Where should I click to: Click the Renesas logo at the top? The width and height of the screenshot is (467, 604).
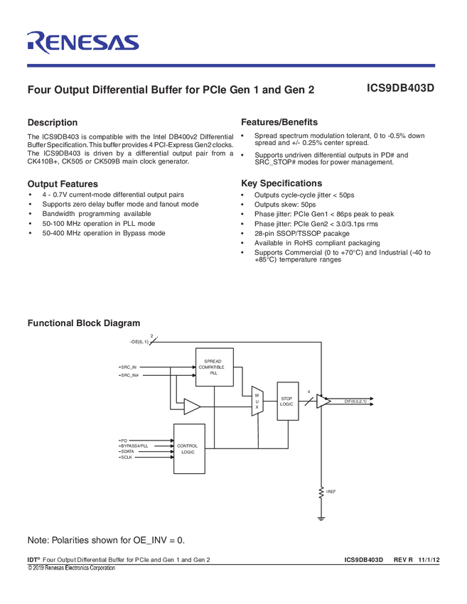pyautogui.click(x=82, y=42)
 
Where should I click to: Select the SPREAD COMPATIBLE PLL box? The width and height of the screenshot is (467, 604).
pyautogui.click(x=214, y=367)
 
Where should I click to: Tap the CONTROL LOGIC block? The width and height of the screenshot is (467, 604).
pyautogui.click(x=189, y=448)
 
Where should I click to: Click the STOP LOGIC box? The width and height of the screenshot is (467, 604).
pyautogui.click(x=287, y=401)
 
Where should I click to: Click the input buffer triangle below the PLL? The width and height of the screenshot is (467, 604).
pyautogui.click(x=191, y=406)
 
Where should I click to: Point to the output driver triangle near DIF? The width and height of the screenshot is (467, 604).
pyautogui.click(x=323, y=401)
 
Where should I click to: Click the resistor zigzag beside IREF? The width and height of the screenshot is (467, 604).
pyautogui.click(x=321, y=491)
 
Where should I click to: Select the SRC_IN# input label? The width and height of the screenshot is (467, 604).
pyautogui.click(x=129, y=374)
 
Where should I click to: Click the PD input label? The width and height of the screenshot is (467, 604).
pyautogui.click(x=124, y=441)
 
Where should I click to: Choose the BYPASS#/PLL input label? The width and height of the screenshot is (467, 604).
pyautogui.click(x=134, y=446)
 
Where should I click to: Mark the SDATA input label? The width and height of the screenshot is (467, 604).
pyautogui.click(x=128, y=451)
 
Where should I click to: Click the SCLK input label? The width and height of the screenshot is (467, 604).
pyautogui.click(x=127, y=457)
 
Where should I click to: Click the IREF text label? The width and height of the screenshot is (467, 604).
pyautogui.click(x=331, y=491)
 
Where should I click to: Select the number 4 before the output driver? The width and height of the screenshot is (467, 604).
pyautogui.click(x=308, y=392)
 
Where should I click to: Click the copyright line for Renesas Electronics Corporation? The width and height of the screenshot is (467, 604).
pyautogui.click(x=71, y=568)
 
